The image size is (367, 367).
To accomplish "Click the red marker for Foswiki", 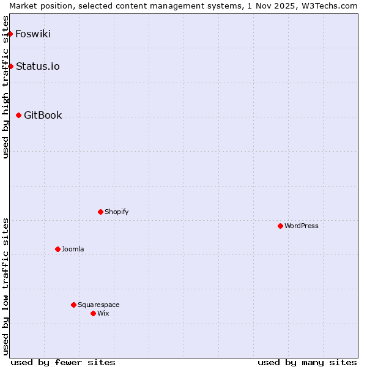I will [x=10, y=34].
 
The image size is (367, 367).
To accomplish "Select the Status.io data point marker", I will [x=10, y=66].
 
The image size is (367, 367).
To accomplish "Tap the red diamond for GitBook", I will [x=18, y=115].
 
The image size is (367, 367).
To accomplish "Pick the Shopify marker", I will [x=100, y=212].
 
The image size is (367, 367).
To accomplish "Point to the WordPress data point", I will [x=280, y=226].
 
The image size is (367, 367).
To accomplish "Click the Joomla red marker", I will [x=57, y=249].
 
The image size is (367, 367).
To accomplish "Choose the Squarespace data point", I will [x=73, y=305].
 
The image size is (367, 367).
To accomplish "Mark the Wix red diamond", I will [x=93, y=313].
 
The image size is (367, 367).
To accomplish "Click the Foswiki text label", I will [x=33, y=34].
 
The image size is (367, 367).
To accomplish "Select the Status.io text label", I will [x=37, y=66].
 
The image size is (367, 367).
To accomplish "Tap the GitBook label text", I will [x=43, y=115].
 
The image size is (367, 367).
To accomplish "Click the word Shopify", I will [x=116, y=212].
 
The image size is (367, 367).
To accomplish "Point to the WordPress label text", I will [x=302, y=226].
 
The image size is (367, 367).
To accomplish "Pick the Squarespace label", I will [x=98, y=305].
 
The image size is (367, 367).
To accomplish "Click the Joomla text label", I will [x=73, y=249].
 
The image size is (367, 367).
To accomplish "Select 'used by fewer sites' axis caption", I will [x=63, y=362].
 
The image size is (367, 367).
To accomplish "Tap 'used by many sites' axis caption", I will [x=307, y=362].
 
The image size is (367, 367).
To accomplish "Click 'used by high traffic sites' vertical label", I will [x=6, y=87].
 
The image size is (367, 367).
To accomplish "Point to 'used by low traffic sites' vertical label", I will [x=6, y=286].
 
